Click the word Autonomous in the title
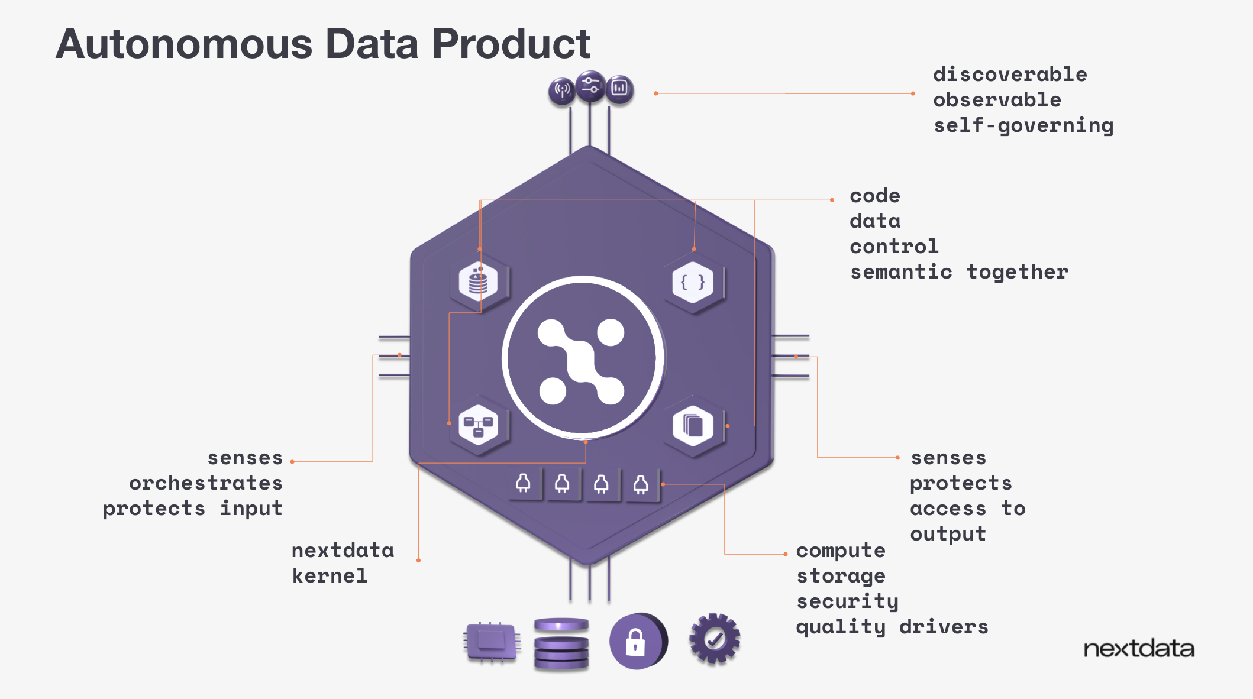[x=184, y=44]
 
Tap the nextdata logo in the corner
[x=1138, y=649]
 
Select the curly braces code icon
[x=693, y=283]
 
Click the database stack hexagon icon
[x=478, y=281]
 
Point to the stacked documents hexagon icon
[x=693, y=426]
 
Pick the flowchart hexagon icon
[x=478, y=426]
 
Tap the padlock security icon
[x=637, y=642]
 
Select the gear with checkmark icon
[x=715, y=639]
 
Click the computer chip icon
[x=492, y=641]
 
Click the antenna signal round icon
[x=561, y=90]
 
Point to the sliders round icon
[x=590, y=86]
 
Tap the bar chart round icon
[x=619, y=89]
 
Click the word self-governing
[x=1023, y=126]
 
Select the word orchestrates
[x=206, y=483]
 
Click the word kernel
[x=330, y=576]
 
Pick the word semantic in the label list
[x=901, y=272]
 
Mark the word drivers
[x=944, y=627]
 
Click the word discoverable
[x=1010, y=75]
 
